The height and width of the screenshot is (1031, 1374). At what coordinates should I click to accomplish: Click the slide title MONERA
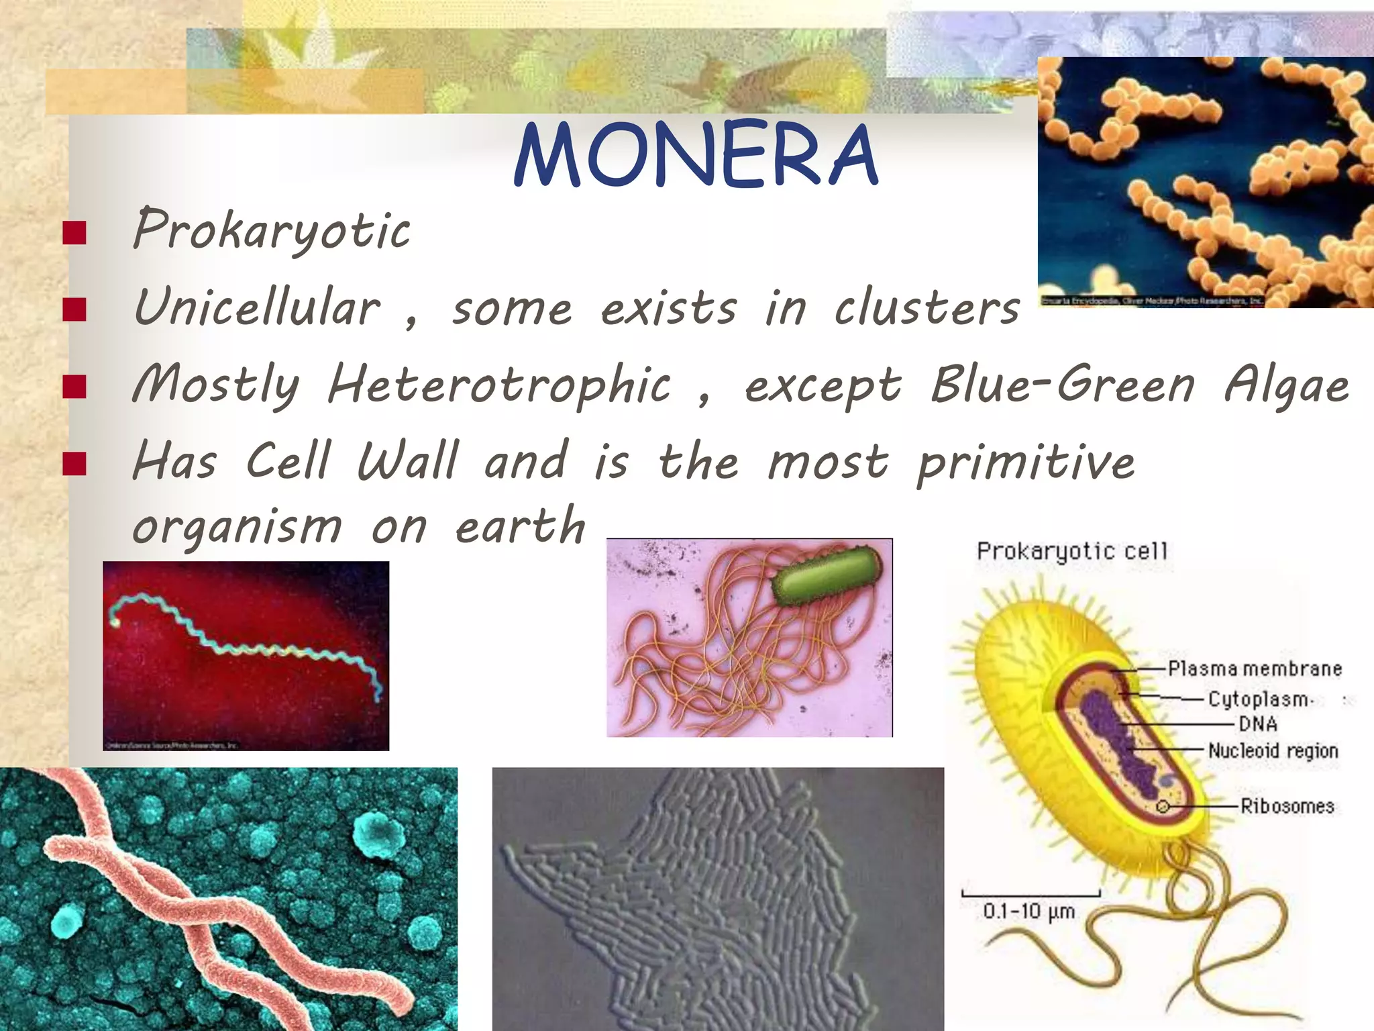(696, 155)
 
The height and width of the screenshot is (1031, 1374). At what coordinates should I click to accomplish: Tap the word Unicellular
(258, 307)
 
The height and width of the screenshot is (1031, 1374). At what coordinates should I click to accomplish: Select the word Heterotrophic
(499, 385)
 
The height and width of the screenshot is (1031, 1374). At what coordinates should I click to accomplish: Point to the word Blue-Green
(1063, 384)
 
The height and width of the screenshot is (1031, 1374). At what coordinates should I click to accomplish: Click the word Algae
(1286, 385)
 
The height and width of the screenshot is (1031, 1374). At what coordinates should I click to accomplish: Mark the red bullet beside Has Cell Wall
(74, 463)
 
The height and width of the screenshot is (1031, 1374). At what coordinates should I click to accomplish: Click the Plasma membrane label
(1255, 669)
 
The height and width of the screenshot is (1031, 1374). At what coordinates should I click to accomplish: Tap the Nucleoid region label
(1273, 750)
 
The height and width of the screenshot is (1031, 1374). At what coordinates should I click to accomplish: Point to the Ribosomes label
(1287, 805)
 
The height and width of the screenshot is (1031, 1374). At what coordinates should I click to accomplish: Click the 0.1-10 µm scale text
(1028, 912)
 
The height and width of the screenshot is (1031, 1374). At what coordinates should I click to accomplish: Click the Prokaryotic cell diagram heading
(1072, 551)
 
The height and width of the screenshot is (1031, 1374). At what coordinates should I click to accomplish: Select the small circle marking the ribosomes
(1163, 806)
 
